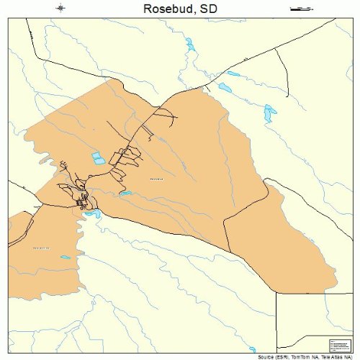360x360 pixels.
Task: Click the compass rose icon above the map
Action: (x=60, y=9)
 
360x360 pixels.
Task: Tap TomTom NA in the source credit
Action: (x=305, y=356)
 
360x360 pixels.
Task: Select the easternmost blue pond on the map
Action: (x=270, y=112)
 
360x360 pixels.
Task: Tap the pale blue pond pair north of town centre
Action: (x=97, y=158)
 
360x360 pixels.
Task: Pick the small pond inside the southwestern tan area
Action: (x=66, y=257)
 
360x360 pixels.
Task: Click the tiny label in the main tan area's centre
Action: (x=156, y=179)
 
